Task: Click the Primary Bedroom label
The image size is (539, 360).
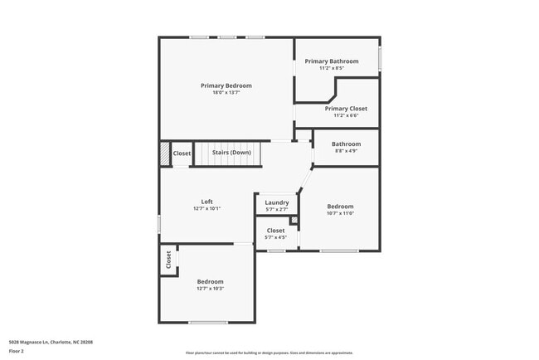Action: point(226,85)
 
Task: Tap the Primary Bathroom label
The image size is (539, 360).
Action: point(332,61)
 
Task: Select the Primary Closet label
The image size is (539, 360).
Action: point(346,109)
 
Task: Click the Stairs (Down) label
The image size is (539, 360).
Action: point(231,153)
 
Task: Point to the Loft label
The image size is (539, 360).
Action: point(206,202)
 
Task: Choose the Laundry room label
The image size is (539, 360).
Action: point(277,202)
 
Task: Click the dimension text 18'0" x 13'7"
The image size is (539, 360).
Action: point(226,92)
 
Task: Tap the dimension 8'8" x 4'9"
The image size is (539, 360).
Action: point(346,151)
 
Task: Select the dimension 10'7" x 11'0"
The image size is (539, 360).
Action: point(340,213)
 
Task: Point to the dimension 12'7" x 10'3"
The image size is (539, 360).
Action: point(210,289)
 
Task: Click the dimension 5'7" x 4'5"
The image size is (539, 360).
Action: point(275,237)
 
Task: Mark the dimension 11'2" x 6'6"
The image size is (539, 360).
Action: point(346,115)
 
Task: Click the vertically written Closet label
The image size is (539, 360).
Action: point(168,260)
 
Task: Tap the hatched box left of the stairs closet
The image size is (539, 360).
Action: point(164,153)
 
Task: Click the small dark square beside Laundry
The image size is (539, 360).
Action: point(293,220)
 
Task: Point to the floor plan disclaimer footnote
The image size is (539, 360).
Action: point(269,353)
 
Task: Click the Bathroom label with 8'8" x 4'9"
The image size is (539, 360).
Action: point(346,144)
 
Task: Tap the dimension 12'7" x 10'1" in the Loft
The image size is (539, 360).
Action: point(206,208)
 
